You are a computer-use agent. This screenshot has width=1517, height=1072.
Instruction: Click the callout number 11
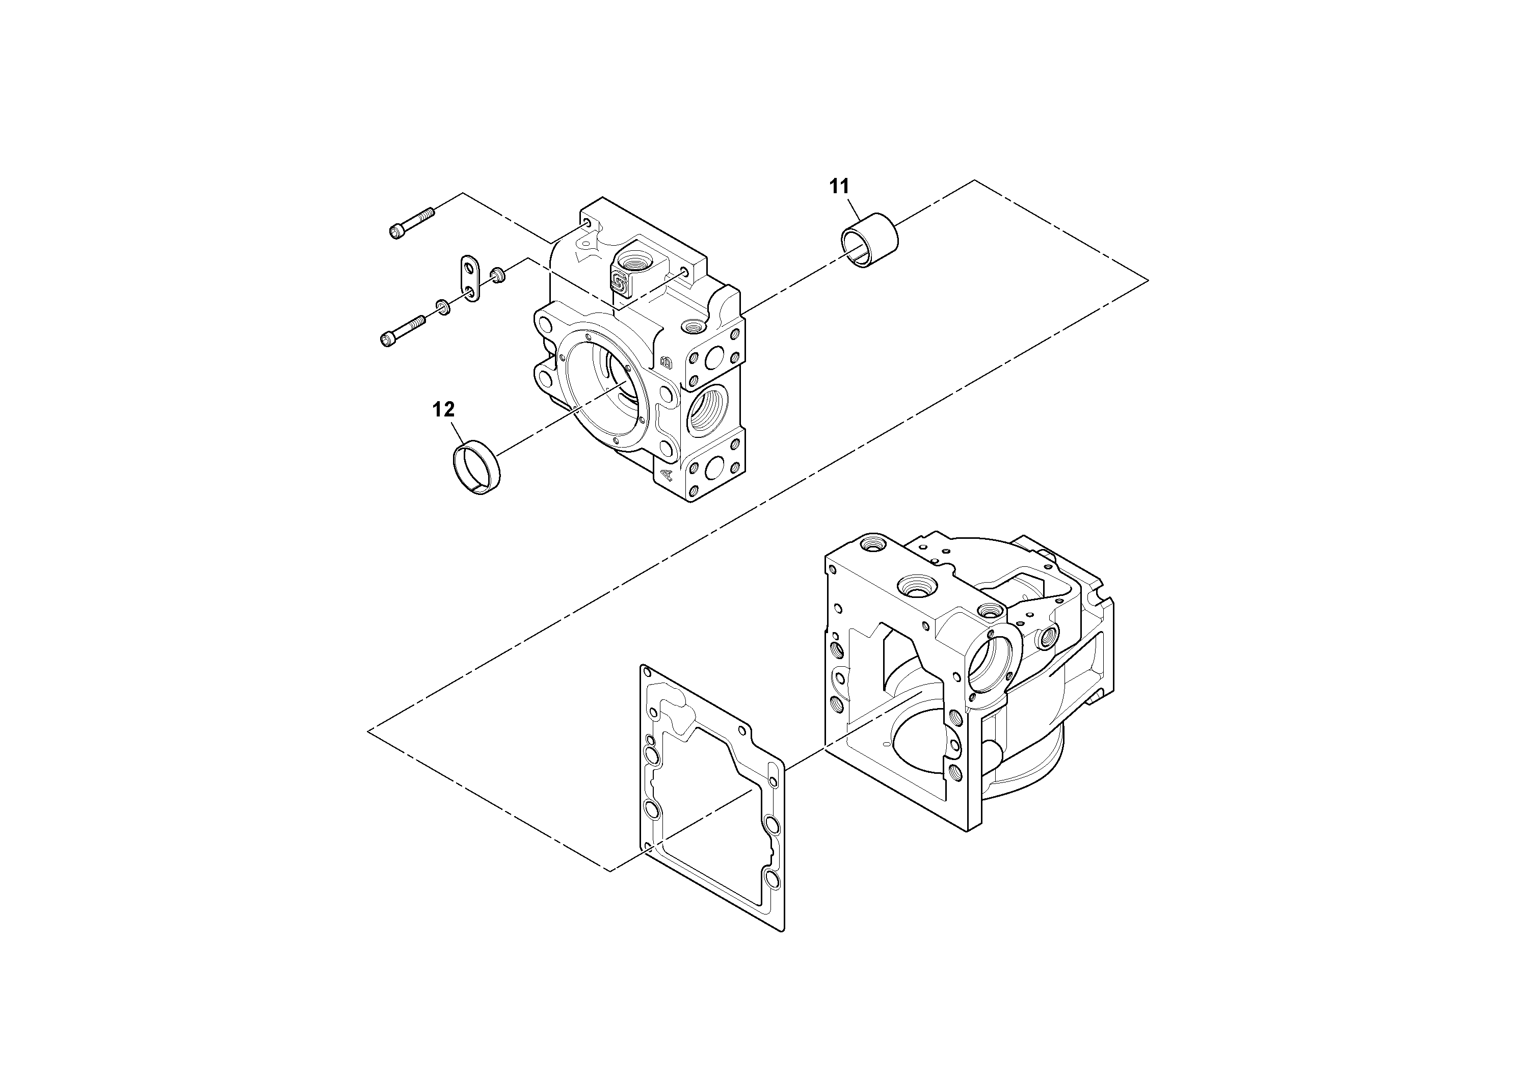[x=839, y=187]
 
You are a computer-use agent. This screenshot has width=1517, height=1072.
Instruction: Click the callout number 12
[x=443, y=410]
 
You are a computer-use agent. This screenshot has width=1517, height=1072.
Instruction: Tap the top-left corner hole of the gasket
[x=646, y=673]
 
